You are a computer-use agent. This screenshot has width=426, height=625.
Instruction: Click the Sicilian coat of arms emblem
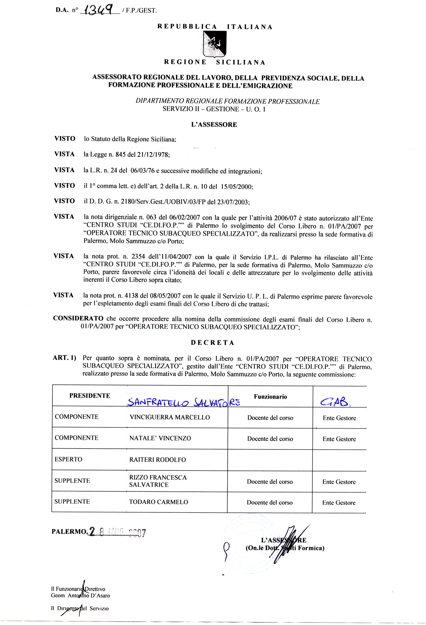(214, 44)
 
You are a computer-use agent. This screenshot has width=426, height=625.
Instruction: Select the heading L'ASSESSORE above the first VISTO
(214, 125)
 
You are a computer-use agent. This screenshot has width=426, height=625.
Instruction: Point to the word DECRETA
(213, 343)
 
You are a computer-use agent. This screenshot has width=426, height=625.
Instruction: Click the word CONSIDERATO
(78, 318)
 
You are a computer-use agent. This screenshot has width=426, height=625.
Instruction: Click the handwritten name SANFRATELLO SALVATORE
(184, 402)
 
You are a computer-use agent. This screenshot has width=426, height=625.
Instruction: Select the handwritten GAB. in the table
(335, 402)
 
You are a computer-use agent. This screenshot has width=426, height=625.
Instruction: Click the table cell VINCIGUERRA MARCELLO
(170, 417)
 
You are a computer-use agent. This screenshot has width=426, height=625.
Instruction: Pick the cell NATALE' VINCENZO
(160, 438)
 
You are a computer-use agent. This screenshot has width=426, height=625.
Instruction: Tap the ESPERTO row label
(69, 459)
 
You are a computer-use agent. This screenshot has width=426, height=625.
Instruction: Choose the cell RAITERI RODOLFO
(158, 460)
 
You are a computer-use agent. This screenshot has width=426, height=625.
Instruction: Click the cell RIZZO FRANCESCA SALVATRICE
(158, 481)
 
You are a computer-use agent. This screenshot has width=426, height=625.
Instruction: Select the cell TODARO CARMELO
(158, 502)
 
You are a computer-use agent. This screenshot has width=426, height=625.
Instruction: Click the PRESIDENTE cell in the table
(90, 396)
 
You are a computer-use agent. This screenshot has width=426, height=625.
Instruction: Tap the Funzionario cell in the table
(271, 397)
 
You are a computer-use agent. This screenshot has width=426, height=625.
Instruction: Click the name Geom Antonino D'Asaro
(81, 596)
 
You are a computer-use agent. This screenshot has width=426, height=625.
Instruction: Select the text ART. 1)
(65, 358)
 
